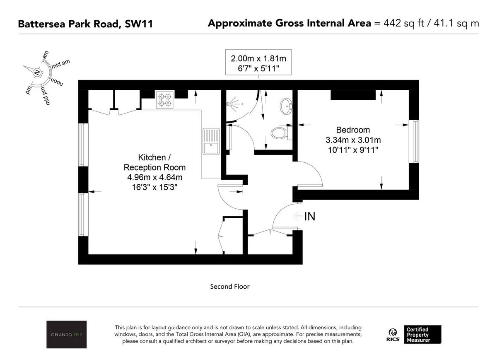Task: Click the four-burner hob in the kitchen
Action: coord(164,100)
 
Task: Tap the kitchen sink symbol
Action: coord(211,142)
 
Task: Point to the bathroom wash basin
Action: coord(285,106)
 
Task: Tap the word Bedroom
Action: coord(353,130)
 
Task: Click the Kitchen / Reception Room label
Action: coord(154,162)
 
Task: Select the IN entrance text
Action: coord(310,216)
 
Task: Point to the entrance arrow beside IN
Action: coord(297,216)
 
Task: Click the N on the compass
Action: coord(38,72)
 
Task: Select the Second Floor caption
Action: coord(230,286)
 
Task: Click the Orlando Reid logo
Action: coord(66,335)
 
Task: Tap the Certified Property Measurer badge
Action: coord(424,335)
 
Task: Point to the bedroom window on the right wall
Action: coord(413,141)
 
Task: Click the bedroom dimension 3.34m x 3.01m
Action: coord(353,140)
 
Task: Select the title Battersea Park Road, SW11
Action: coord(85,24)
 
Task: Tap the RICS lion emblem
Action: coord(393,332)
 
